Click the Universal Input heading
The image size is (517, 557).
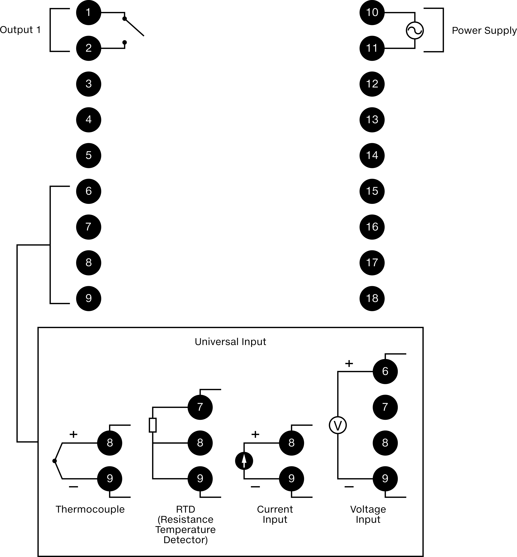point(230,342)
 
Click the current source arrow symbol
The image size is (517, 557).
point(244,461)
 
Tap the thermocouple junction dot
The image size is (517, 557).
point(55,461)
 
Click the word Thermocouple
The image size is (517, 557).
point(90,509)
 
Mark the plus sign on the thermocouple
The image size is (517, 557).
point(73,434)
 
